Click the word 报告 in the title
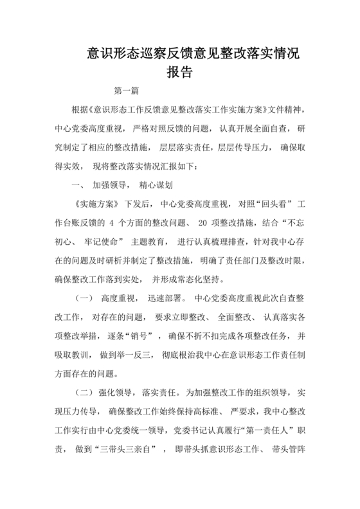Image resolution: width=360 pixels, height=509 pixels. (179, 73)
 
